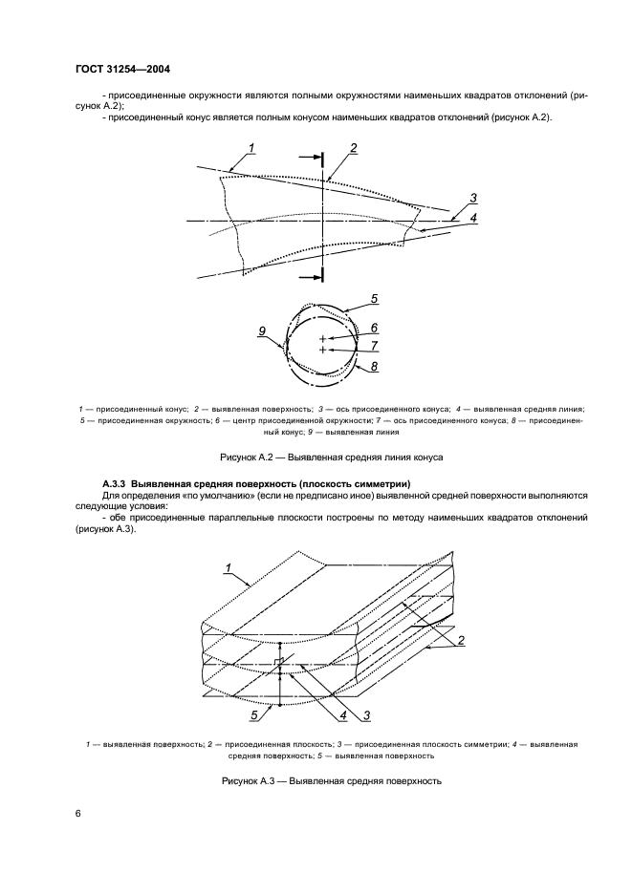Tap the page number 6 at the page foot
pyautogui.click(x=78, y=812)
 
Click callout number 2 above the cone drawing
pyautogui.click(x=353, y=148)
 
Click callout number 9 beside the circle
pyautogui.click(x=261, y=330)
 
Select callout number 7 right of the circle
pyautogui.click(x=375, y=345)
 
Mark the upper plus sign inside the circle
pyautogui.click(x=323, y=339)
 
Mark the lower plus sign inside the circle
pyautogui.click(x=323, y=351)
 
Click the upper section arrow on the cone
pyautogui.click(x=309, y=156)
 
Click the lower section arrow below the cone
pyautogui.click(x=309, y=277)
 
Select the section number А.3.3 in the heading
pyautogui.click(x=114, y=484)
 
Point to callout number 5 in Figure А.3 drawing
pyautogui.click(x=254, y=713)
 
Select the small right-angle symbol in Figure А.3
pyautogui.click(x=276, y=661)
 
